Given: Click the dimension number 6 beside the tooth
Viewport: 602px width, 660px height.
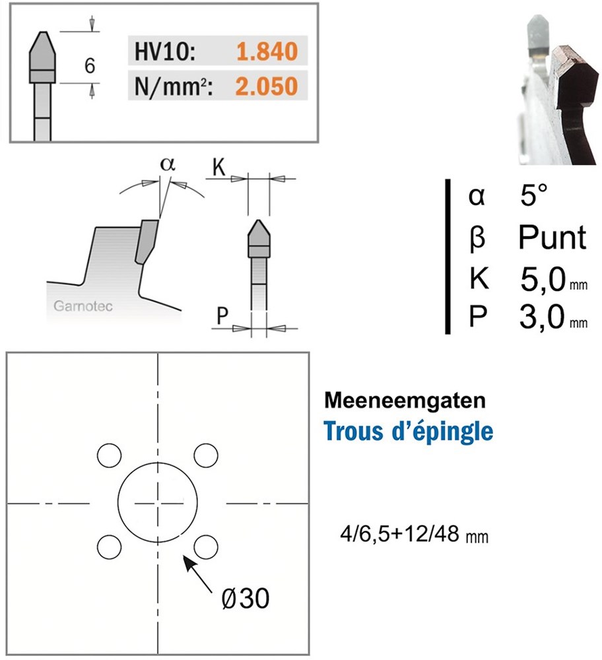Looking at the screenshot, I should tap(90, 66).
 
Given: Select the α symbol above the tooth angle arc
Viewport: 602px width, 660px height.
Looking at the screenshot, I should tap(168, 164).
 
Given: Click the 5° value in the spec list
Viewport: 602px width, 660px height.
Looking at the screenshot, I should tap(534, 197).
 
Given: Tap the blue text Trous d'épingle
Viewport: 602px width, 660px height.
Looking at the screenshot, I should tap(409, 432).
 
